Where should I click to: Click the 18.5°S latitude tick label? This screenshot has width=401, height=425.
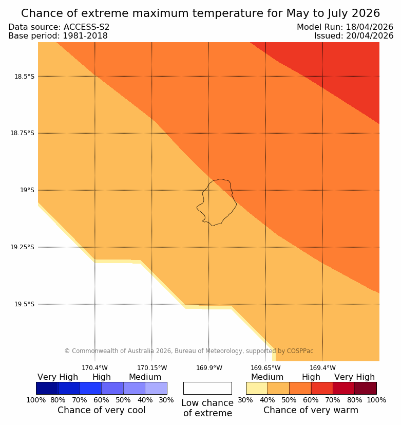click(x=24, y=77)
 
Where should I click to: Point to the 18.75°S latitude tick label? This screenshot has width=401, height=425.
click(x=22, y=133)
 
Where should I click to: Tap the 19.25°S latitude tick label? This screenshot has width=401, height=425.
click(x=22, y=247)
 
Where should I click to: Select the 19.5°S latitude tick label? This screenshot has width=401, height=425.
click(x=24, y=304)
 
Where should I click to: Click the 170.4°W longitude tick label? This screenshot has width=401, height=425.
click(x=94, y=368)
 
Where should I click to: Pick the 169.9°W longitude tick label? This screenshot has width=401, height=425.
click(x=209, y=368)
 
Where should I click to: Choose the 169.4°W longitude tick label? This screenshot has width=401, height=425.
click(x=322, y=368)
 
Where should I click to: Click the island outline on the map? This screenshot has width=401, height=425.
click(x=217, y=202)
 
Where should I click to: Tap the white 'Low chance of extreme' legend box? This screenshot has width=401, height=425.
click(x=207, y=388)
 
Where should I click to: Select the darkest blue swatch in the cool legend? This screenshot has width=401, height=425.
click(x=47, y=388)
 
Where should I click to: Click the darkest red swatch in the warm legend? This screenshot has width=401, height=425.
click(x=365, y=388)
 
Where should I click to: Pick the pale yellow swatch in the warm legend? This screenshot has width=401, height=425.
click(x=257, y=388)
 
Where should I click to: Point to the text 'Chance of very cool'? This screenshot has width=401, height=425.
click(x=101, y=410)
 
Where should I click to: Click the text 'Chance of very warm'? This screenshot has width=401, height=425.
click(x=311, y=410)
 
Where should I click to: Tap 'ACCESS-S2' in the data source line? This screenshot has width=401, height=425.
click(x=86, y=27)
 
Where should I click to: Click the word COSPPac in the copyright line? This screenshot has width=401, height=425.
click(x=300, y=351)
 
